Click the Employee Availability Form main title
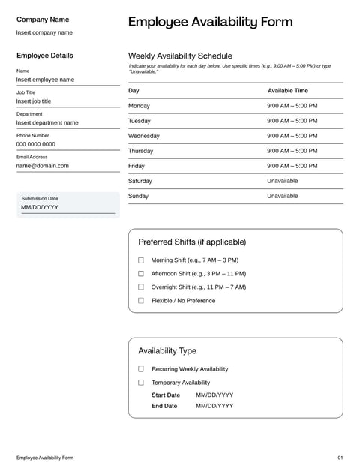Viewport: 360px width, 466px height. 211,22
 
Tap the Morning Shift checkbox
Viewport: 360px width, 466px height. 141,260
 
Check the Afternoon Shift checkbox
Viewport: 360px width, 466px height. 141,274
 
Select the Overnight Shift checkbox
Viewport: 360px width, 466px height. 141,287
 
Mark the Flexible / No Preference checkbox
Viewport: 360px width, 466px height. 141,301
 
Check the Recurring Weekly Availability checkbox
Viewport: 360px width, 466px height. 141,369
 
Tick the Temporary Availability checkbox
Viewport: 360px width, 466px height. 141,383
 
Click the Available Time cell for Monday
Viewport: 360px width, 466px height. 292,106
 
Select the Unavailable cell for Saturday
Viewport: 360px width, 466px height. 282,181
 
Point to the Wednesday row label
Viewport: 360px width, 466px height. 144,136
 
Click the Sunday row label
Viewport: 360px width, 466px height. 139,196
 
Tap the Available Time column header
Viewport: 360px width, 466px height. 288,90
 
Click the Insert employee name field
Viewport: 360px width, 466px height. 46,80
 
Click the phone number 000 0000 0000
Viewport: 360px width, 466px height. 36,144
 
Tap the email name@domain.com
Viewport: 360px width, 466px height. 43,166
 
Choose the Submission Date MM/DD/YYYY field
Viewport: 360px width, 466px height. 40,207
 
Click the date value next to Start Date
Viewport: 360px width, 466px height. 214,395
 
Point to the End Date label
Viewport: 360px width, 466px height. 164,406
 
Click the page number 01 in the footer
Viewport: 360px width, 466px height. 340,457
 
